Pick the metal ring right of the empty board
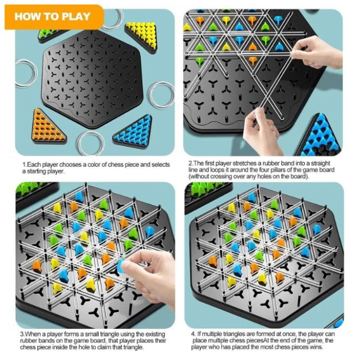pyautogui.click(x=161, y=95)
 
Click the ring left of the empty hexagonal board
pyautogui.click(x=26, y=73)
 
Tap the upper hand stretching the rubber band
pyautogui.click(x=318, y=52)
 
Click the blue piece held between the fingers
pyautogui.click(x=121, y=266)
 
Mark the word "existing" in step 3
pyautogui.click(x=155, y=334)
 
